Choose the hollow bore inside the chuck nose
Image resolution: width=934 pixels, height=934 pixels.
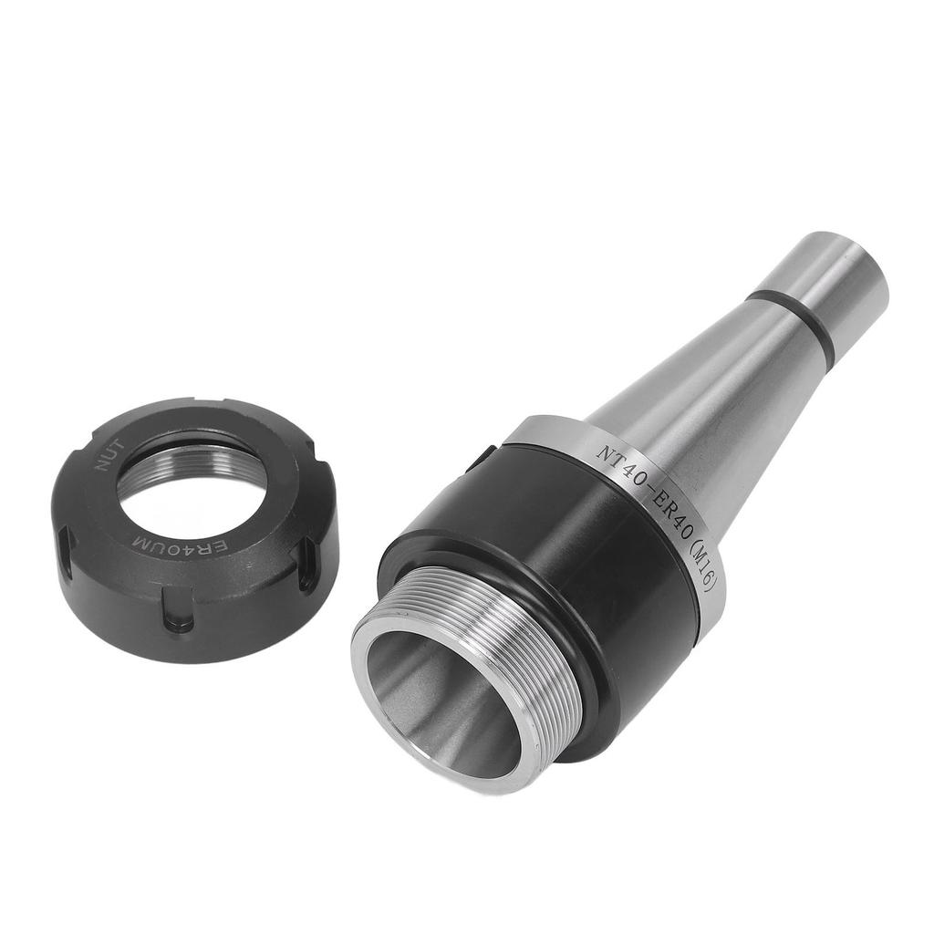(x=438, y=693)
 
